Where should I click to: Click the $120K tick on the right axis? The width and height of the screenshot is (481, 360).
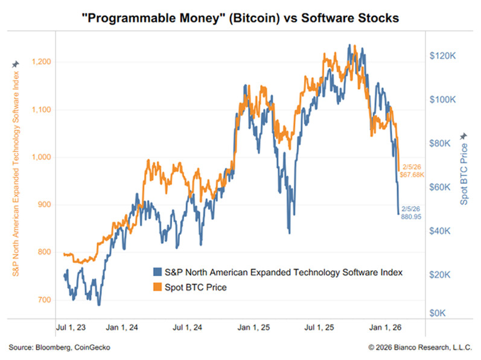point(446,55)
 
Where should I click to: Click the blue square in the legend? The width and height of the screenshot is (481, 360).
point(158,273)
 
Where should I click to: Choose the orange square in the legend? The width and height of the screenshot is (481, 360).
point(158,288)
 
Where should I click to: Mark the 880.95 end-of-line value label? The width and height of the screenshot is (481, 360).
point(410,215)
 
